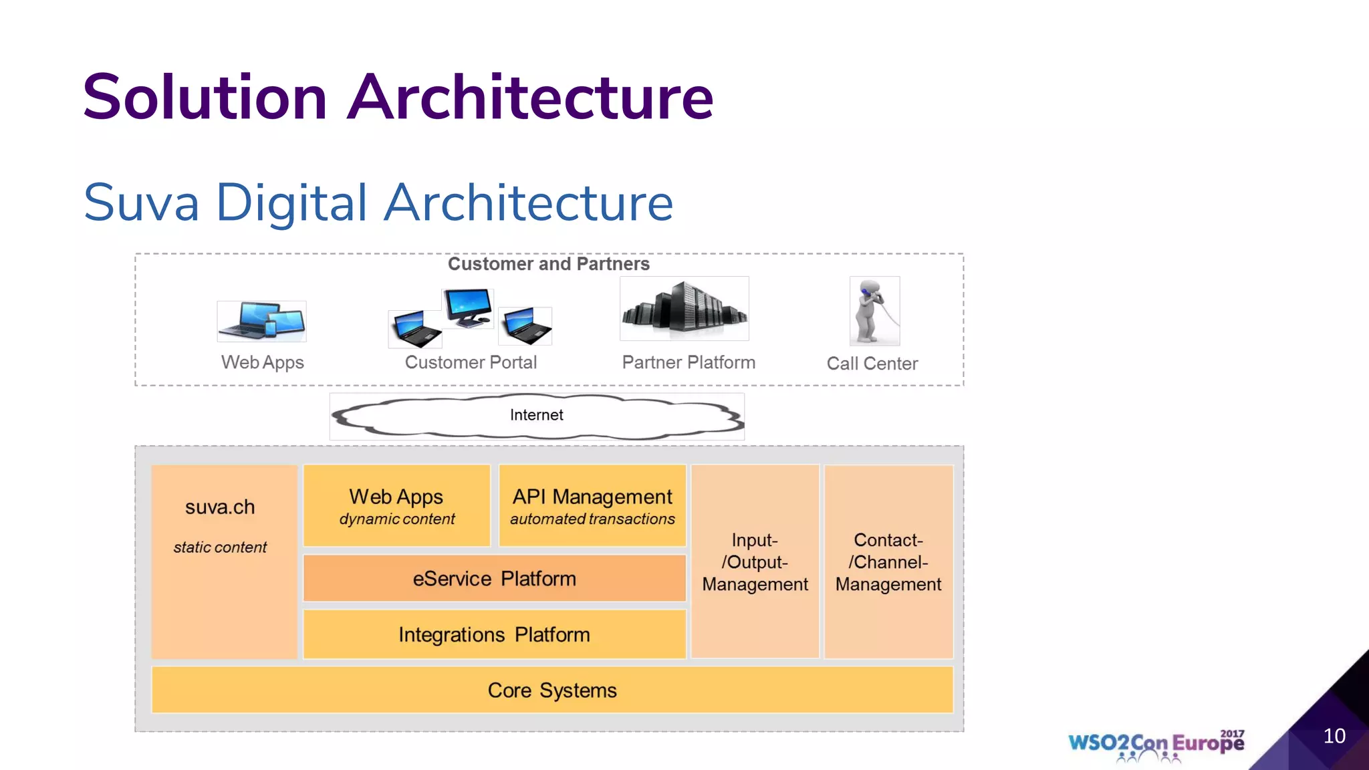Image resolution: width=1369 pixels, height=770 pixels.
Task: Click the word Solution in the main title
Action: [x=205, y=98]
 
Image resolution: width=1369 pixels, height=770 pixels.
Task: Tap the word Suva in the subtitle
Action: [x=141, y=203]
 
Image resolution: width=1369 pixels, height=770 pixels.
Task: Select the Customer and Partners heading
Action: [x=548, y=264]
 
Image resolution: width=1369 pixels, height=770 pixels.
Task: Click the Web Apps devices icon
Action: [x=261, y=321]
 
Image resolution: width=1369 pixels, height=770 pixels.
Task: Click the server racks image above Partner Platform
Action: [x=684, y=309]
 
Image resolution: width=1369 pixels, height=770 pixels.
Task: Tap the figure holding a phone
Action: [x=874, y=311]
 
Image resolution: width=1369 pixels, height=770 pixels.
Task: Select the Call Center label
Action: [x=872, y=364]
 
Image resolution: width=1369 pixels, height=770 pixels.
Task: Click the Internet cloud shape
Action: [x=537, y=416]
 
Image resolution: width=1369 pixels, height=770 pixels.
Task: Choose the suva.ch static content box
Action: [x=223, y=561]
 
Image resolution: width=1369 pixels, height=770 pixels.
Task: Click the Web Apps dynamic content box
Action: [x=396, y=506]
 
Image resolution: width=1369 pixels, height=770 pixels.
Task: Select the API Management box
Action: [x=592, y=506]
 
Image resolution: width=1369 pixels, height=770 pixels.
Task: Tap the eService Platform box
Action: [x=494, y=578]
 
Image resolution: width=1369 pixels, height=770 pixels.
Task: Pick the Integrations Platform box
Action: [x=494, y=634]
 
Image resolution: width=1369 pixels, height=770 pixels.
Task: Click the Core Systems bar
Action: [x=552, y=690]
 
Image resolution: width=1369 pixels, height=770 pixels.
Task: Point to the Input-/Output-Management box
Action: [x=755, y=561]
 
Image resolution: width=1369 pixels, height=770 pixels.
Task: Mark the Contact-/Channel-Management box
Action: [x=888, y=561]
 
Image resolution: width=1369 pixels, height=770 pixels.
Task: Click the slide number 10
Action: [x=1334, y=736]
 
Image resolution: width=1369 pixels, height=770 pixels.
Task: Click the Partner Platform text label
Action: [x=688, y=362]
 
